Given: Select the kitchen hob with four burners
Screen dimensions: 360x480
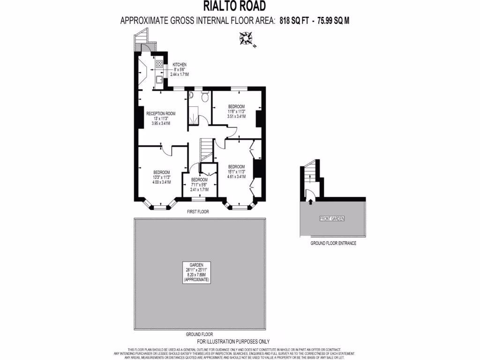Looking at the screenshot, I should (159, 65).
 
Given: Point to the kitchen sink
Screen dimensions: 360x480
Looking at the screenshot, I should (159, 80).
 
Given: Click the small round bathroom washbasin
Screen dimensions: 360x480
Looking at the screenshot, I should (191, 95).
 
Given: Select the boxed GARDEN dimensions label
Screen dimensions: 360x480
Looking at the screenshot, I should (197, 272).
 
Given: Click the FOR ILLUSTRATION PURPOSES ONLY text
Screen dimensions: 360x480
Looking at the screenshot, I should (240, 342).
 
